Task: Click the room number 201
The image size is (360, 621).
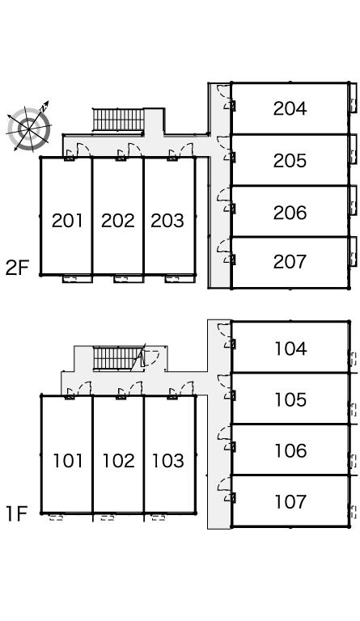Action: point(67,221)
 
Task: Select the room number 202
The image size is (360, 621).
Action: point(118,221)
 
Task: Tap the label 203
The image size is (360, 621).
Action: point(167,221)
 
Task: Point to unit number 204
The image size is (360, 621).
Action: point(290,108)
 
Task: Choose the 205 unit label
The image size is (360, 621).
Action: point(290,160)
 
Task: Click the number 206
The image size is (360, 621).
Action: point(290,213)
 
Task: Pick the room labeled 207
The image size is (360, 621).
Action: point(290,262)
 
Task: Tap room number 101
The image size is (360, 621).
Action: point(68,461)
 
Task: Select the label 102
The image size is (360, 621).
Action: point(118,461)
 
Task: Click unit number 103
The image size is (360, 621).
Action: point(168,461)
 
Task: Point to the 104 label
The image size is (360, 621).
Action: point(290,349)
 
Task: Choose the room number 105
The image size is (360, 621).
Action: point(290,399)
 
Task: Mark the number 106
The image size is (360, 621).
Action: point(290,450)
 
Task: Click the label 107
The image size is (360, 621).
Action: point(290,501)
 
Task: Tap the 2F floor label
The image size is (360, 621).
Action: point(18,268)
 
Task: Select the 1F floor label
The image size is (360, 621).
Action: point(16,513)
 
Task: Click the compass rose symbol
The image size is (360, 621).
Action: point(28,127)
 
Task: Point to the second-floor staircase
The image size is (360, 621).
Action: point(118,120)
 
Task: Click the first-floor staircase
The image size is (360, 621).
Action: point(117,358)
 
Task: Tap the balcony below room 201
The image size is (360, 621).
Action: point(77,279)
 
